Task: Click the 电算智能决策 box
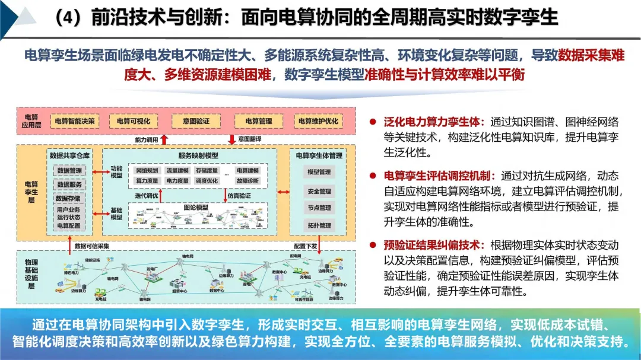pos(74,122)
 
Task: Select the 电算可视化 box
pos(133,122)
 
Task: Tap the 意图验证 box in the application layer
pos(195,122)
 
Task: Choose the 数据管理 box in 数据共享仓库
pos(69,171)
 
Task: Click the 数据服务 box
pos(69,184)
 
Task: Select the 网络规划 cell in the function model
pos(147,171)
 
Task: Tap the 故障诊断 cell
pos(247,180)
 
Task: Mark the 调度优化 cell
pos(207,180)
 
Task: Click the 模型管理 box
pos(319,172)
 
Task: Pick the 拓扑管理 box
pos(319,226)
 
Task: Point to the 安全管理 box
pos(319,192)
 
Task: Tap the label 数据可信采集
pos(91,246)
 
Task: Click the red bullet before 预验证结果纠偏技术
pos(373,245)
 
